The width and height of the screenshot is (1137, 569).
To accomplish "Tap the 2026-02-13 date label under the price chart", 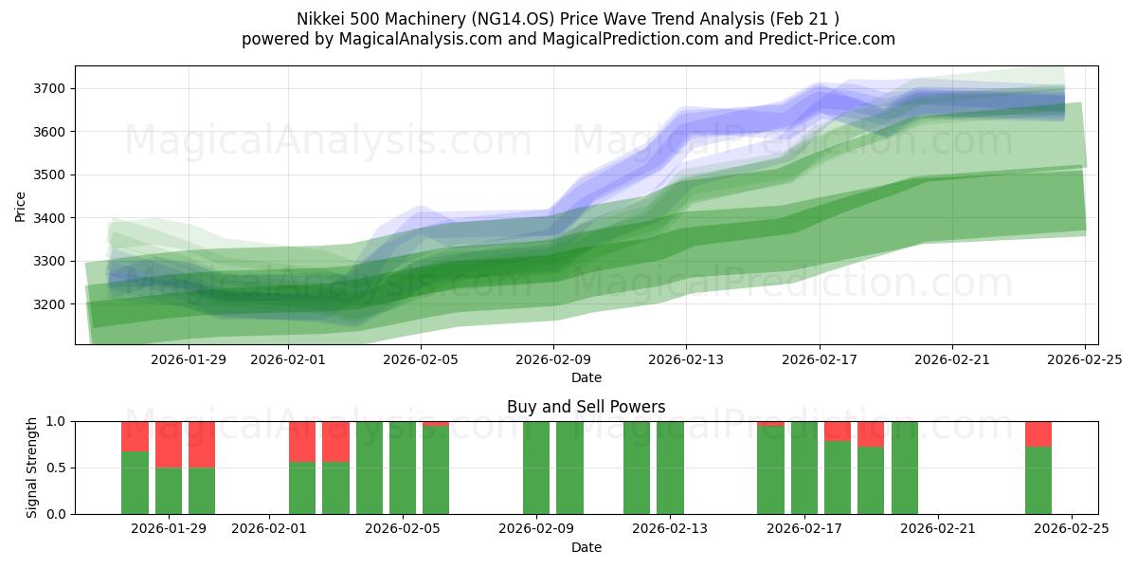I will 686,360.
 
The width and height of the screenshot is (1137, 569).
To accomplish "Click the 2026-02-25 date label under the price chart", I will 1085,360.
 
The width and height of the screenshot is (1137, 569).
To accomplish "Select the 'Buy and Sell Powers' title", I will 587,407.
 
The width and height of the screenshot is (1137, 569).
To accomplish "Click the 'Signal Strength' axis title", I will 32,468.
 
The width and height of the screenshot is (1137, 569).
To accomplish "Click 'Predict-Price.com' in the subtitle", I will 821,39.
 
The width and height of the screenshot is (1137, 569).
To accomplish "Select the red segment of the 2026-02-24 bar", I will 1038,433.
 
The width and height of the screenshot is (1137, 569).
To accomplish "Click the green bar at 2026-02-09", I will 536,468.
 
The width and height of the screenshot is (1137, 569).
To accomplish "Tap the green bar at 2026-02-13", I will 670,468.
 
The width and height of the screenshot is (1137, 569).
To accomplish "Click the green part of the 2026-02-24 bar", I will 1038,481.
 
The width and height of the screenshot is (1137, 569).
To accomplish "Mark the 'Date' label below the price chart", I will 587,377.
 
